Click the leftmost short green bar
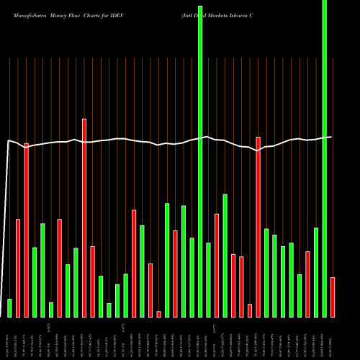point(9,307)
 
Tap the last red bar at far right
point(333,297)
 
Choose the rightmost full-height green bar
point(324,158)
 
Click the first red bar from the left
point(18,268)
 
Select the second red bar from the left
point(27,230)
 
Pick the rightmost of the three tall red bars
point(258,227)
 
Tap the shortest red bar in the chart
point(159,314)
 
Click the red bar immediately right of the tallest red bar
point(92,282)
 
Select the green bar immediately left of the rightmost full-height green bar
point(316,272)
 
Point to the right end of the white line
point(331,137)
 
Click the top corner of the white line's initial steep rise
point(9,141)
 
